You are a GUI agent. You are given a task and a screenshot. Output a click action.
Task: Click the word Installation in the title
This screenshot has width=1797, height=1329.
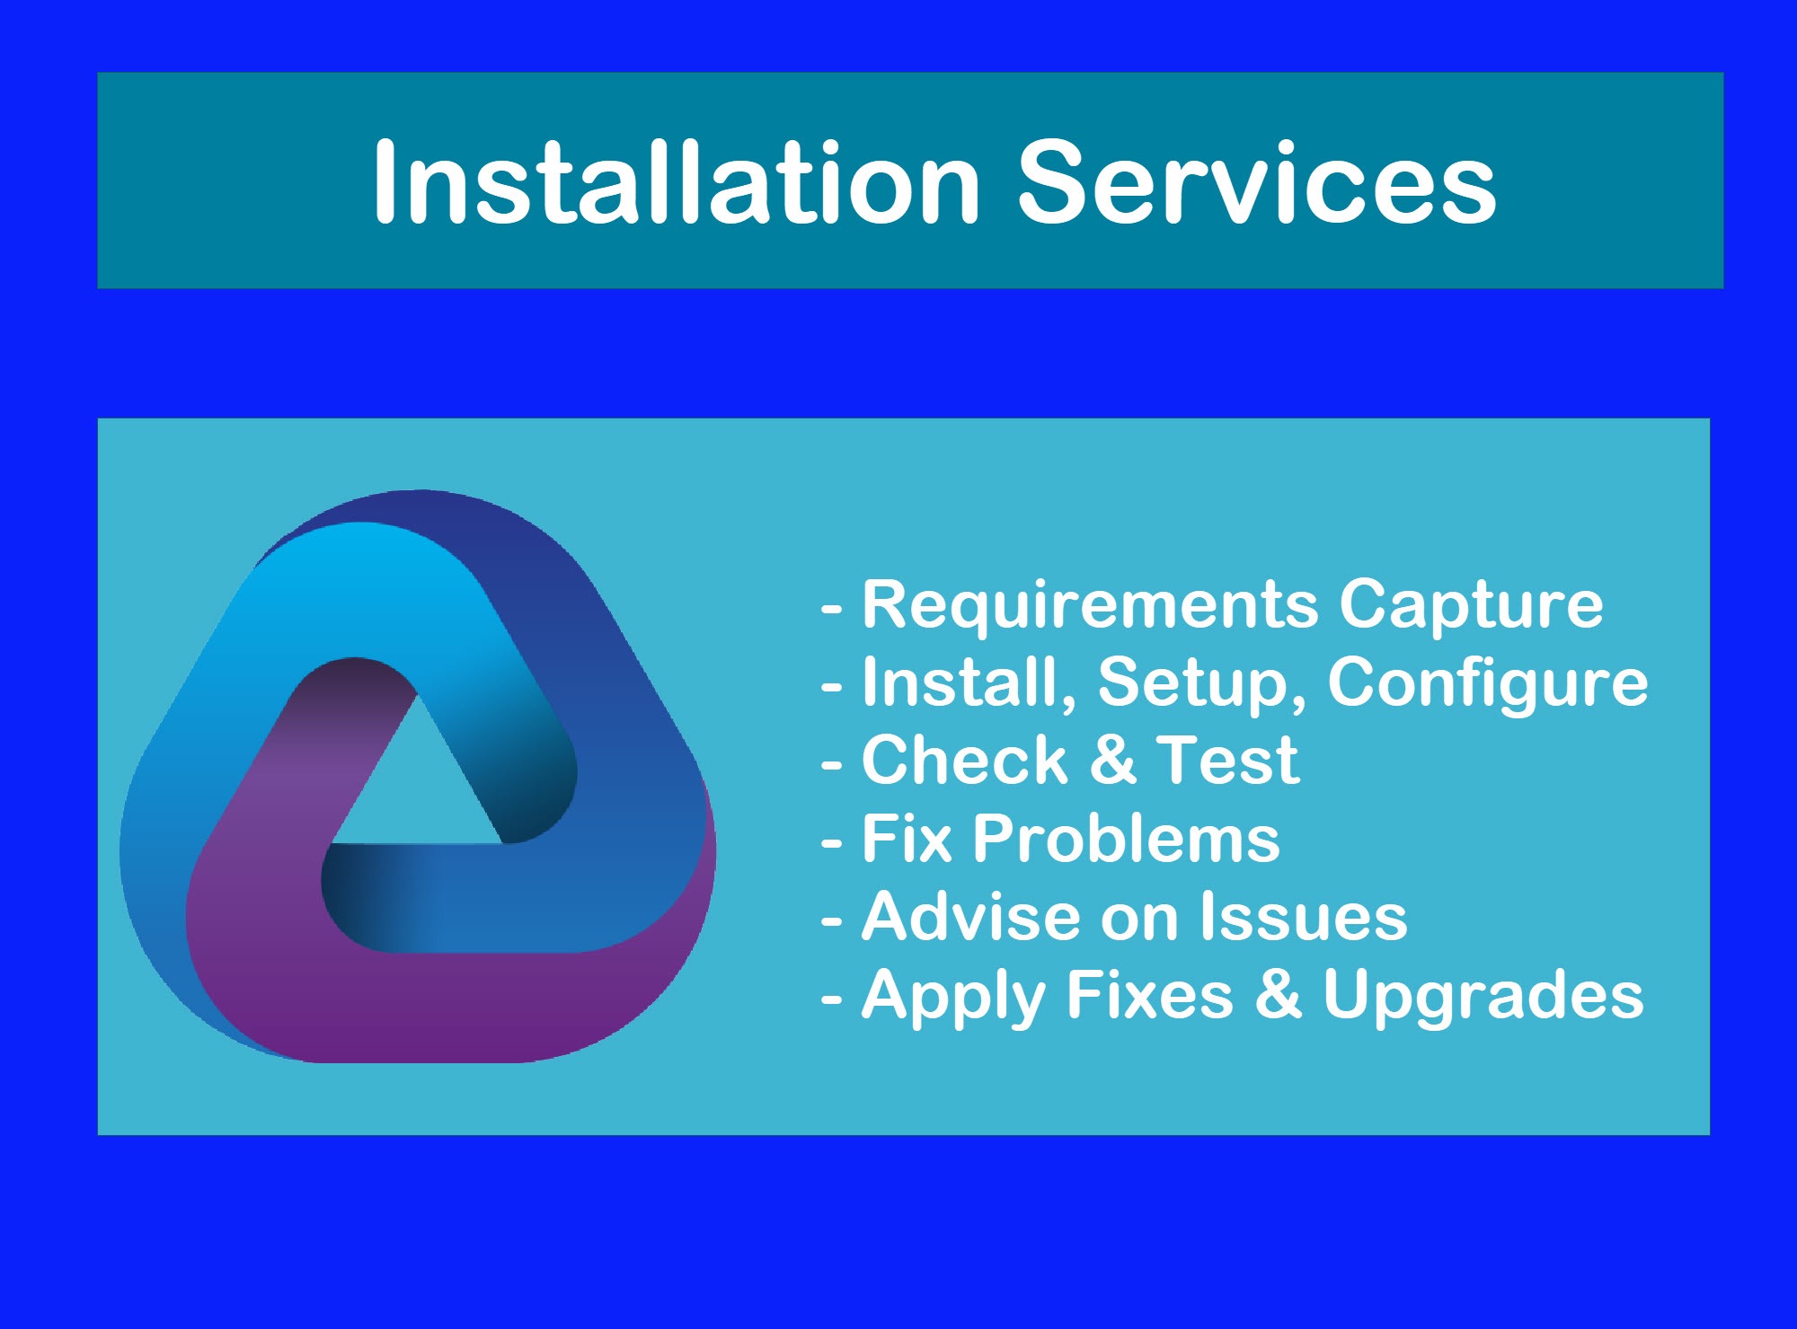click(677, 182)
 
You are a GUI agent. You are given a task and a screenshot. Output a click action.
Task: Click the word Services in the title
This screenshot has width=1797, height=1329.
click(1257, 182)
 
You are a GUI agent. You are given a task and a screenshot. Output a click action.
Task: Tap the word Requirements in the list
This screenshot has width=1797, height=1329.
click(1091, 604)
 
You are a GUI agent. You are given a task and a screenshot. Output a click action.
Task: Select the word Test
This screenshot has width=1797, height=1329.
click(1227, 761)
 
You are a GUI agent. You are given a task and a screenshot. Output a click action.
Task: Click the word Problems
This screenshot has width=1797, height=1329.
click(1127, 840)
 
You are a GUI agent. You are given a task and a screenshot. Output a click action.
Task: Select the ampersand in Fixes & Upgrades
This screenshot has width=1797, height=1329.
click(1279, 994)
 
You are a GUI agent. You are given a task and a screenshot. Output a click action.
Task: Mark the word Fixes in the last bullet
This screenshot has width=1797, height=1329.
click(1151, 994)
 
